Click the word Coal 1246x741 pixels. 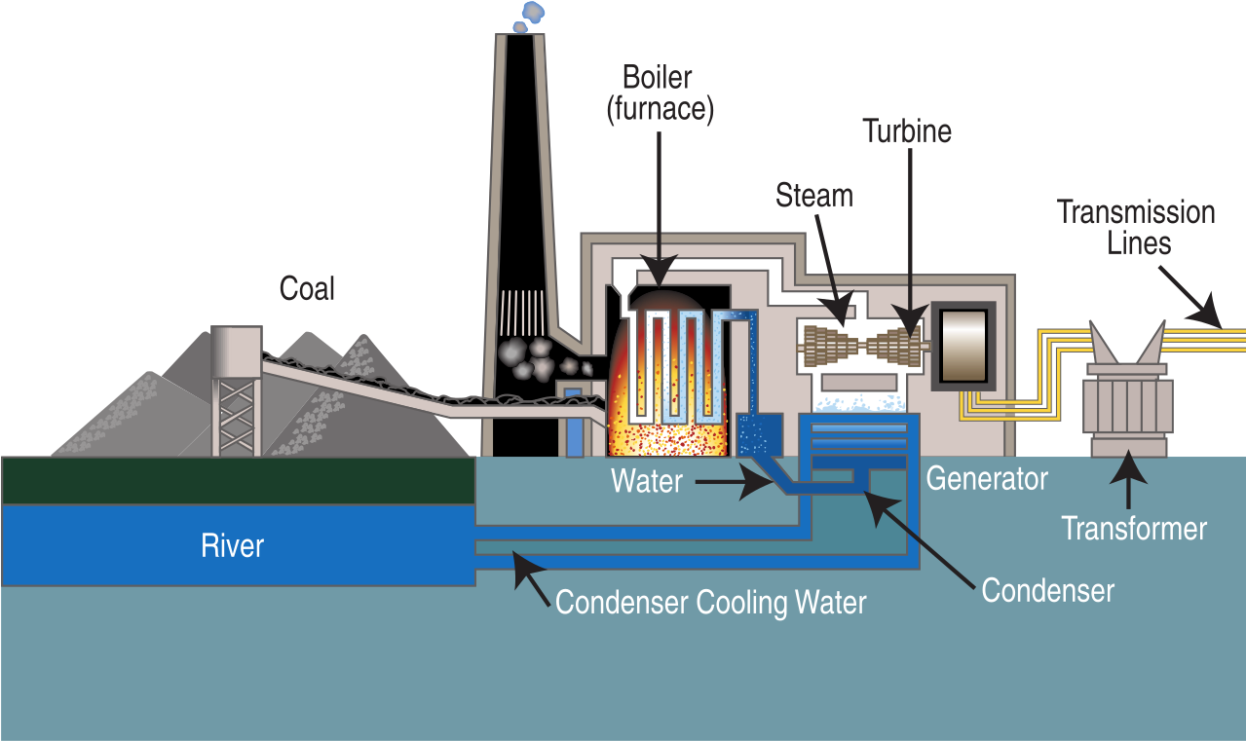[307, 288]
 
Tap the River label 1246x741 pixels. [232, 545]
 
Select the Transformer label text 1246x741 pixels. [1134, 529]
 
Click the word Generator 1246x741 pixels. [986, 479]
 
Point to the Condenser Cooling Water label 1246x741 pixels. [710, 602]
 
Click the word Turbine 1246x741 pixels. [907, 131]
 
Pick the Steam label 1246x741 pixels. [813, 196]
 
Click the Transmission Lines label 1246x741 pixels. [1136, 226]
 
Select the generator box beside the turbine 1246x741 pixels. [963, 346]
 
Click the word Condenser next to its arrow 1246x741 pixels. [1047, 590]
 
